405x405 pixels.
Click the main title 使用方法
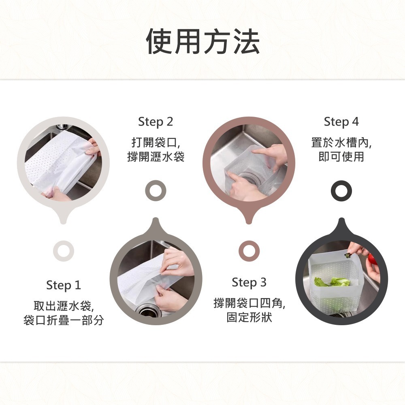(203, 41)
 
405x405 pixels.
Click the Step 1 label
(64, 286)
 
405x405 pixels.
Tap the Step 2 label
(156, 122)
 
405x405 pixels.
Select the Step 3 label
(249, 282)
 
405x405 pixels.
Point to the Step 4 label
(341, 122)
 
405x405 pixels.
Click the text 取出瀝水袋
(62, 306)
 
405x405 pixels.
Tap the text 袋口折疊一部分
(64, 320)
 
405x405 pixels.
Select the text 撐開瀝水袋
(156, 157)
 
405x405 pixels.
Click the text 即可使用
(341, 157)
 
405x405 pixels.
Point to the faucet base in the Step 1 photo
(62, 127)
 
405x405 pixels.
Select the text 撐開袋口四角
(249, 303)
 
